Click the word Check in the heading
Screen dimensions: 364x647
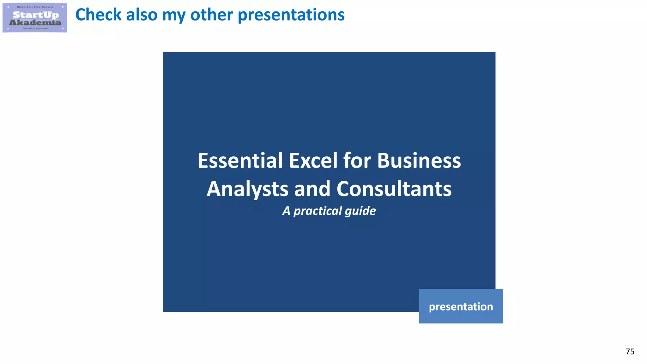click(x=98, y=15)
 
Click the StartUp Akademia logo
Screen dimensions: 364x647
click(x=35, y=18)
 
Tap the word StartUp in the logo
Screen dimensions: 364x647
click(x=36, y=15)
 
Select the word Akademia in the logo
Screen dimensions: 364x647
click(x=35, y=22)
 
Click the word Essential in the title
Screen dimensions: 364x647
click(x=240, y=161)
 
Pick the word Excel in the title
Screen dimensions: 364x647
click(x=313, y=161)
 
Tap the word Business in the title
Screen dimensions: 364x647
click(x=419, y=161)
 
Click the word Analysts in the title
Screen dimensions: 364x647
click(x=247, y=189)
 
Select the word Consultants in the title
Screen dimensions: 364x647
click(x=394, y=189)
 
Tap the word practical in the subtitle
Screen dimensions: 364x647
click(x=317, y=211)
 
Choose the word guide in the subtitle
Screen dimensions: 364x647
click(x=360, y=211)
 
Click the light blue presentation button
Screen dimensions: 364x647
click(x=461, y=306)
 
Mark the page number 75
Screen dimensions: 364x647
click(x=630, y=351)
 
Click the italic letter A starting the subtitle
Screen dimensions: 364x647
click(x=286, y=211)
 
